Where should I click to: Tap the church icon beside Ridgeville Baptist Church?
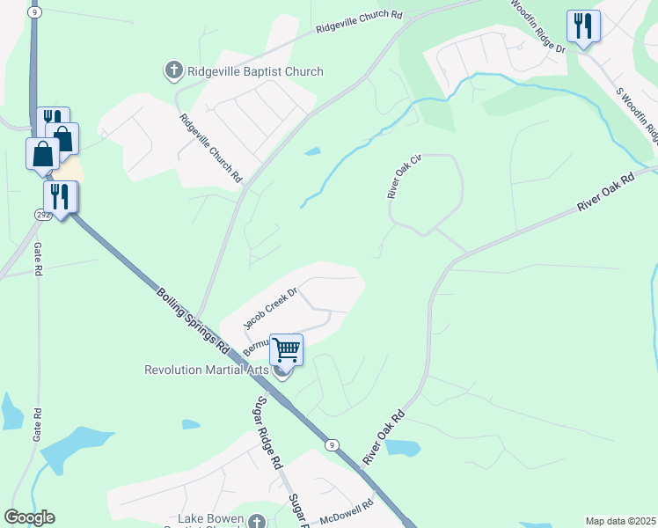pyautogui.click(x=173, y=70)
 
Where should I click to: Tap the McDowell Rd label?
pyautogui.click(x=347, y=511)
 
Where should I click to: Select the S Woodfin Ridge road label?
pyautogui.click(x=637, y=114)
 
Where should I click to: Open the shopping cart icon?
pyautogui.click(x=286, y=349)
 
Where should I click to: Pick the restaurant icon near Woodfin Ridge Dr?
pyautogui.click(x=582, y=26)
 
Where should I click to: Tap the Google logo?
pyautogui.click(x=29, y=517)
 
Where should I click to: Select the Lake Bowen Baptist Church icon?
pyautogui.click(x=256, y=521)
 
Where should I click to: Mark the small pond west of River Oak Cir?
pyautogui.click(x=312, y=151)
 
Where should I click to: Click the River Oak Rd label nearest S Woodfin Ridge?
pyautogui.click(x=605, y=193)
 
